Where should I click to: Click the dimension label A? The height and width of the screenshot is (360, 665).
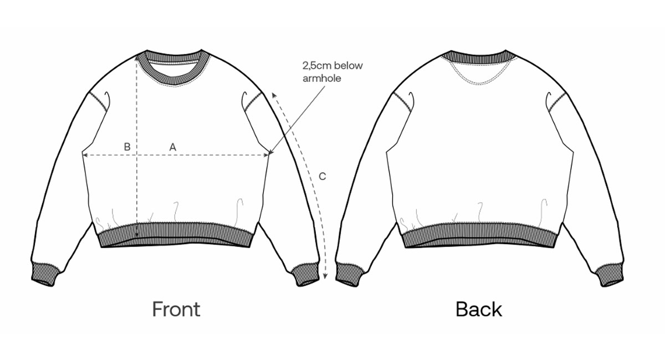[172, 147]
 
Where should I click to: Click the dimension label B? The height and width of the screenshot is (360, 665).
[127, 147]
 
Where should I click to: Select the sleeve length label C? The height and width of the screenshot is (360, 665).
[322, 176]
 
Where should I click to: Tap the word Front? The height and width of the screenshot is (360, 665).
[176, 309]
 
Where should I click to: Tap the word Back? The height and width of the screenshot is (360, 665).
[479, 309]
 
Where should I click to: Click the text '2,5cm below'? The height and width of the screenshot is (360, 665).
[332, 65]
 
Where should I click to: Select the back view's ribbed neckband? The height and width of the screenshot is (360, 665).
[478, 57]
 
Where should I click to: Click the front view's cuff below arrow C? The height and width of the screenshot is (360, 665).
[306, 275]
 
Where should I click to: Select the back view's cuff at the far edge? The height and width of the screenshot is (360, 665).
[609, 275]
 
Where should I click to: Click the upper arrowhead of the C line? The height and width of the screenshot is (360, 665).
[274, 94]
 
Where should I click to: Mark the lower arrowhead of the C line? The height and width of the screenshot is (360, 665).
[325, 276]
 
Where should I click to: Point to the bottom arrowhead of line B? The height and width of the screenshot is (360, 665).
[137, 234]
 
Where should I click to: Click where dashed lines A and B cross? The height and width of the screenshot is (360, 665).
[137, 155]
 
